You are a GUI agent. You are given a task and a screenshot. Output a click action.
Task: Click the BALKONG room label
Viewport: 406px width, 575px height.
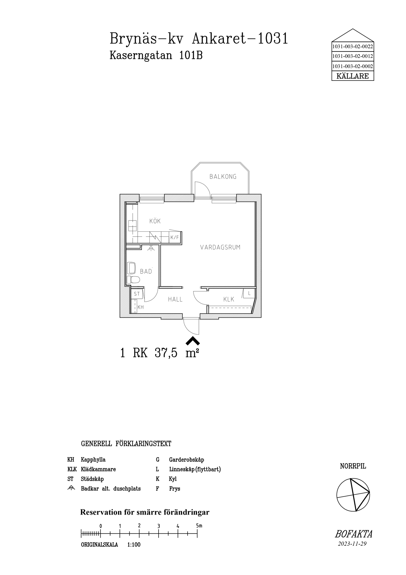pos(223,177)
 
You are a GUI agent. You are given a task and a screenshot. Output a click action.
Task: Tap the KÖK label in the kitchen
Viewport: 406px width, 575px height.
pos(155,221)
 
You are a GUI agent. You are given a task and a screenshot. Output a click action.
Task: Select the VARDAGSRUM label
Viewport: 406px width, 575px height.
pos(220,247)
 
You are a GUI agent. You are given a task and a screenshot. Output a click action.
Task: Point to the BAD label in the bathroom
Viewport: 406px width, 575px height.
pos(146,271)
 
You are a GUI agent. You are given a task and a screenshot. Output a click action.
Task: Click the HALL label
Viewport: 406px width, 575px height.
pos(175,299)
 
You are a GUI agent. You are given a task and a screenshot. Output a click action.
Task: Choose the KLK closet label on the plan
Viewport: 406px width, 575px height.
pos(229,299)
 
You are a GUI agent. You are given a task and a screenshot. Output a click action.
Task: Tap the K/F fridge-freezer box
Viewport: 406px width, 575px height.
pos(175,237)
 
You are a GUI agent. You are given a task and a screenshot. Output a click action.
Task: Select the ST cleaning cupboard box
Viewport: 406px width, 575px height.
pos(137,294)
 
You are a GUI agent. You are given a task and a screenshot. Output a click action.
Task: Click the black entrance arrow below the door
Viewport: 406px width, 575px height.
pos(193,340)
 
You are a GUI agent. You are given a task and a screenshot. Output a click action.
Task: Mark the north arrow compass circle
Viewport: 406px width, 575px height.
pos(353,495)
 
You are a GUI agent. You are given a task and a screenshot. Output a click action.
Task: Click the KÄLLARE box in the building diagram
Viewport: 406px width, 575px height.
pos(353,76)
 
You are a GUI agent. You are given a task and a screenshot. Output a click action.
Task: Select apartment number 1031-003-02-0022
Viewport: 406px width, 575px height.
pos(353,46)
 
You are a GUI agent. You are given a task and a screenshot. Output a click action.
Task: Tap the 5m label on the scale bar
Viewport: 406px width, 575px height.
pos(199,526)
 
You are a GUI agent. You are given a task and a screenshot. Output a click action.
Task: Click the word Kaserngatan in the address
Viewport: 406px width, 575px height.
pos(141,55)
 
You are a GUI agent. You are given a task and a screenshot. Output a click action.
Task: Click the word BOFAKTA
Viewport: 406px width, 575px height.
pos(353,534)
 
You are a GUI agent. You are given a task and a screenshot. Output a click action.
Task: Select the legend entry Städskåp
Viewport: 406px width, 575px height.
pos(92,479)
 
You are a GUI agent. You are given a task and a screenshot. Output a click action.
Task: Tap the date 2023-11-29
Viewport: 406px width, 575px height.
pos(352,544)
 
